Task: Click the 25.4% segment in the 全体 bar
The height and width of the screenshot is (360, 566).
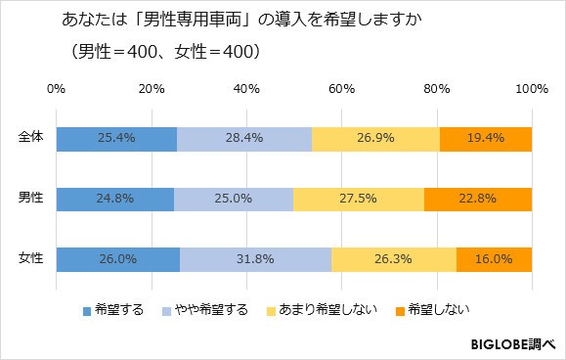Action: (x=116, y=139)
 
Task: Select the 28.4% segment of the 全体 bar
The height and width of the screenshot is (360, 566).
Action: (x=244, y=139)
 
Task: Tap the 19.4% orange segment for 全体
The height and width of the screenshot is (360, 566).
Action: (x=486, y=139)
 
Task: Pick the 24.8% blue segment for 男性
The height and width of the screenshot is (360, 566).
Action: (x=114, y=200)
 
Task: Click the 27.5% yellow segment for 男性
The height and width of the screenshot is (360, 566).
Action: (x=359, y=200)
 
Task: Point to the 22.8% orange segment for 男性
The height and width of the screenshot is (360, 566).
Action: (x=478, y=200)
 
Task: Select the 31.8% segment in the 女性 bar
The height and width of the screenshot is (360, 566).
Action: (x=255, y=260)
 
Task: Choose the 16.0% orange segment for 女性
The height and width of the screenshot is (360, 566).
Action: (x=494, y=260)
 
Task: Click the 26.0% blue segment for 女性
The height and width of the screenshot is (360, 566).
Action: (x=117, y=260)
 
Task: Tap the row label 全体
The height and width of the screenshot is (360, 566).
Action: (x=31, y=139)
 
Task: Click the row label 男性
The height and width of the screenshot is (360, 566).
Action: (x=31, y=200)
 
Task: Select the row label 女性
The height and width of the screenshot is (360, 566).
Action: (x=31, y=260)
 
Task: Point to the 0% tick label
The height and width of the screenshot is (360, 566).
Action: (x=56, y=89)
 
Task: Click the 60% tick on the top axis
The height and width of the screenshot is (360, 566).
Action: (x=341, y=89)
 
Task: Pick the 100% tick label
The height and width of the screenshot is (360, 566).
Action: (x=531, y=89)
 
